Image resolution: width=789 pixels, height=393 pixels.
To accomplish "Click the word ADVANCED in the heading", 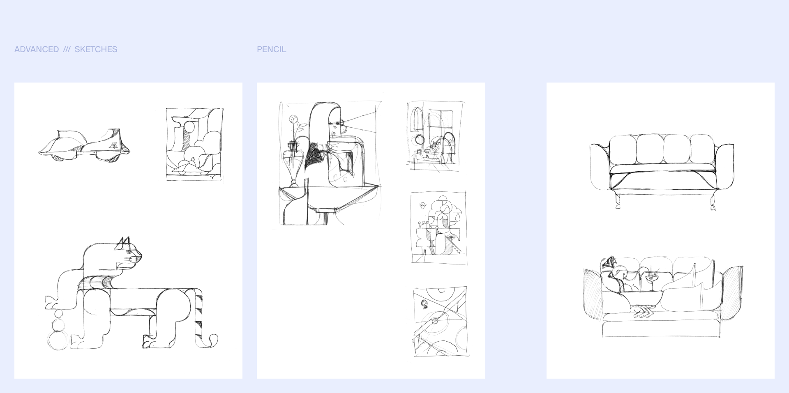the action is click(37, 49).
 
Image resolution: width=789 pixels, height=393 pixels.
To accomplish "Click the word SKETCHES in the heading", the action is click(96, 49).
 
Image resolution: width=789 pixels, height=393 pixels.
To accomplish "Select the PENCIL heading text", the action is click(271, 49).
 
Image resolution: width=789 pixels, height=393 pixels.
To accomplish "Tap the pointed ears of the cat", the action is click(123, 243).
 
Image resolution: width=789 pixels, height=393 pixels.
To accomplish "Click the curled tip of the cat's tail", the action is click(214, 340).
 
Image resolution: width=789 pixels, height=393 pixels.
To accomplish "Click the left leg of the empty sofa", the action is click(617, 202).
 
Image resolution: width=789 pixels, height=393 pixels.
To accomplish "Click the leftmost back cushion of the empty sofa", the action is click(623, 149).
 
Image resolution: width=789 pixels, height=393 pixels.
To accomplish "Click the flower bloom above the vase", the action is click(293, 119).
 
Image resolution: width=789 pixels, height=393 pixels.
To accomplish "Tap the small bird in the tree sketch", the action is click(422, 204).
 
